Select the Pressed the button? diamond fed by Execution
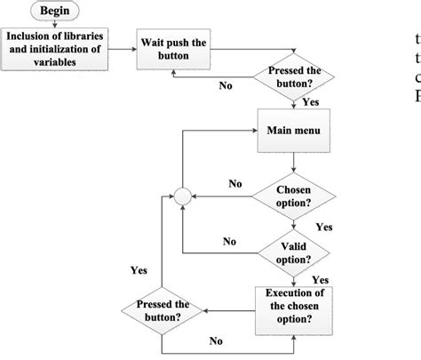162,310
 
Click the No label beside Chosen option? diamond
234,185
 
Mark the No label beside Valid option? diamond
229,242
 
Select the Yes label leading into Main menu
310,101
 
